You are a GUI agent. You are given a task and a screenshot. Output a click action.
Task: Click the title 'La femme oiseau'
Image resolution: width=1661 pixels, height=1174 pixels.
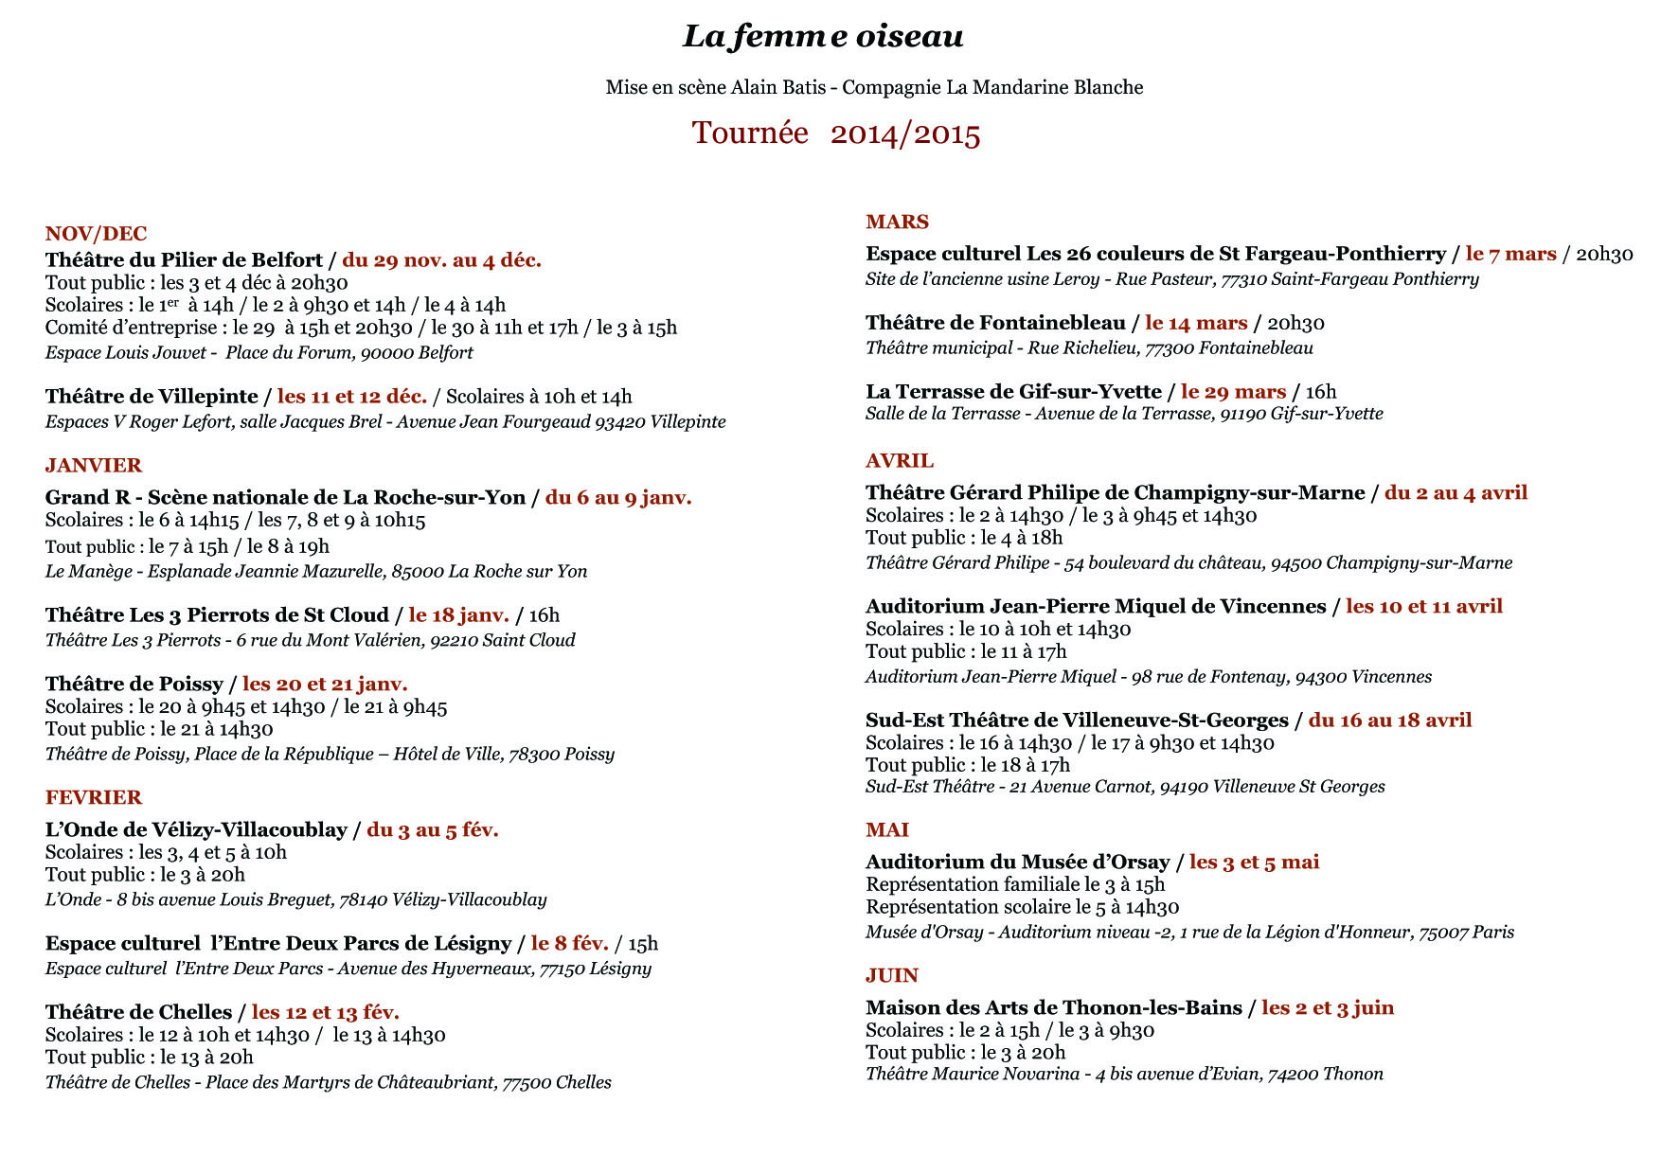[823, 36]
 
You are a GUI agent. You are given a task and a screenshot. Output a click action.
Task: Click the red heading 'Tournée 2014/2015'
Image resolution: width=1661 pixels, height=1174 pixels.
[835, 133]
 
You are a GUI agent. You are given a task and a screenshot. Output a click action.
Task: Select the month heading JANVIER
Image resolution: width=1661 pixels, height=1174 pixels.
[94, 465]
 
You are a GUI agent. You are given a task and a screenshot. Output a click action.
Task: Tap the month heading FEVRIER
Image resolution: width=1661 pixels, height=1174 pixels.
[94, 797]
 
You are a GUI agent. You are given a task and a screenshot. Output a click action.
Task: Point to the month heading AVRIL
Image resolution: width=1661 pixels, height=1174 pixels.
[900, 460]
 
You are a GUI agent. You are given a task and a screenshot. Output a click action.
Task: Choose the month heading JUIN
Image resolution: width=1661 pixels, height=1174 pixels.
[892, 975]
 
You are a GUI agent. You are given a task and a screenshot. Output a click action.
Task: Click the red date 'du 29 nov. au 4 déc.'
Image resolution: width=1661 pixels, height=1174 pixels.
[441, 260]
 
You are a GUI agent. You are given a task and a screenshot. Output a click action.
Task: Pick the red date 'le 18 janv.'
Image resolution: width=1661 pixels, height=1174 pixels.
[458, 615]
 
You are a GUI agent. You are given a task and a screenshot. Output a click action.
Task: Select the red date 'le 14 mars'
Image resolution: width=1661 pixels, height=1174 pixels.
[1196, 323]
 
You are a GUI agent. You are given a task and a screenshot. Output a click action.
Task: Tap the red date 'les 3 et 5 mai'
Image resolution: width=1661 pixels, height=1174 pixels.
[1254, 862]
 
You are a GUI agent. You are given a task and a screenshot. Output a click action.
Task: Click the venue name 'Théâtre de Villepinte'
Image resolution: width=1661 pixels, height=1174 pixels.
[152, 397]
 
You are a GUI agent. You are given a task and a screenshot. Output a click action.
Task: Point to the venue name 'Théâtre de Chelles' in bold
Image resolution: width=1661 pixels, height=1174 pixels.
[138, 1012]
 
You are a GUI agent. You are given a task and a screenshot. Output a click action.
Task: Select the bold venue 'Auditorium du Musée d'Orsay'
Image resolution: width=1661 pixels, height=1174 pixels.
[1017, 862]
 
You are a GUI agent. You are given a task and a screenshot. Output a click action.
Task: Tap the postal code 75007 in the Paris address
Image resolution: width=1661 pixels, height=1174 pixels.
[1443, 933]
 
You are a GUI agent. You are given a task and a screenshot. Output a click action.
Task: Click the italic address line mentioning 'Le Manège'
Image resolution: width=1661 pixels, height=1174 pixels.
[316, 572]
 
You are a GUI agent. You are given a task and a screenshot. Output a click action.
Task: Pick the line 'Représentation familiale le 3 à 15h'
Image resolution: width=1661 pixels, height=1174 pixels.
[1015, 884]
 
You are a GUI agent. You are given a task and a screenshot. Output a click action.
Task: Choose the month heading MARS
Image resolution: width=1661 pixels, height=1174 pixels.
[897, 222]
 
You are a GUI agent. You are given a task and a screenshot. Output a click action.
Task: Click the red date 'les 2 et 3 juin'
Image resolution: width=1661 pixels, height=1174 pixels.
[1327, 1007]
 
